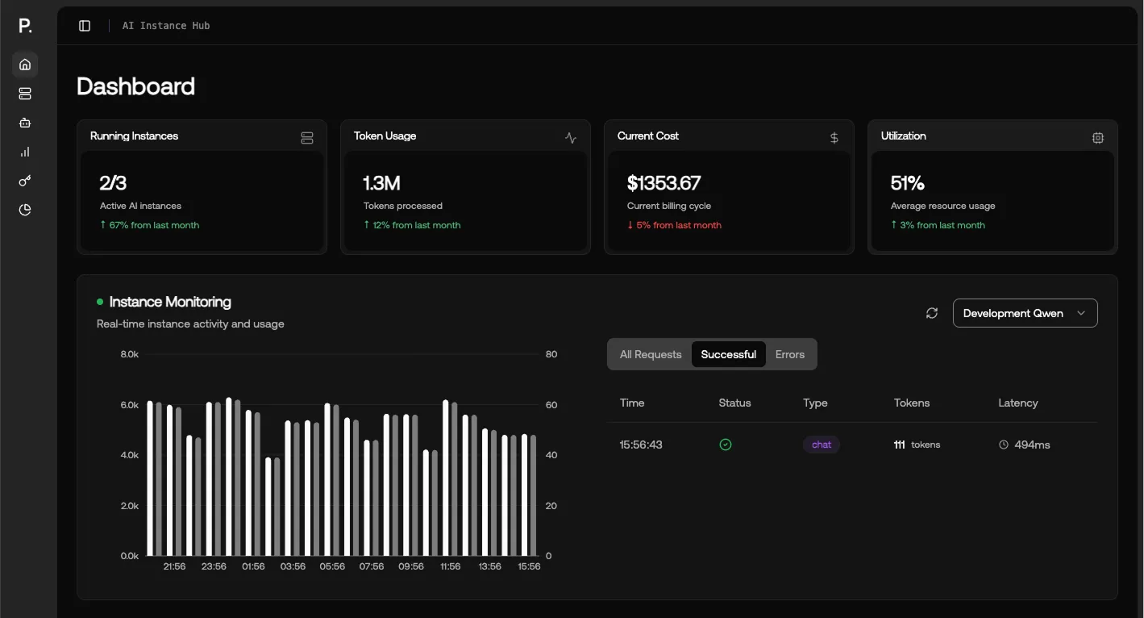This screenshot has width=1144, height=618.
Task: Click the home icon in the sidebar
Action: [25, 65]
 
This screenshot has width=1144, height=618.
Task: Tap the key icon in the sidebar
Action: [25, 181]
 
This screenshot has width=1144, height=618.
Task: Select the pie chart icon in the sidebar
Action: [25, 210]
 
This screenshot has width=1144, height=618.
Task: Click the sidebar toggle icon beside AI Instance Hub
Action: [85, 26]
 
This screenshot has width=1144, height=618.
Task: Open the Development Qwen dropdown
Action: [1025, 313]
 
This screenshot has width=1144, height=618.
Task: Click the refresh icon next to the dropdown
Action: [932, 313]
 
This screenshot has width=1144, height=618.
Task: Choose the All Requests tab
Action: [651, 354]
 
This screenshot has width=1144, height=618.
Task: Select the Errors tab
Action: [789, 354]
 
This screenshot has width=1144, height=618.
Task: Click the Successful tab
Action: [728, 354]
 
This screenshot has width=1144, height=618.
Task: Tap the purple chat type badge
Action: [821, 445]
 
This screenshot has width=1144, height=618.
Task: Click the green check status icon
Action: [726, 445]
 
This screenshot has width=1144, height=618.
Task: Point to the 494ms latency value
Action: [1031, 445]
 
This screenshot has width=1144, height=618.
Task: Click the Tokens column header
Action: [911, 403]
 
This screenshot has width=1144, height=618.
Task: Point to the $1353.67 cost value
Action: [664, 183]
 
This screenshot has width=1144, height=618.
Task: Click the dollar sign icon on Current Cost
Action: [834, 138]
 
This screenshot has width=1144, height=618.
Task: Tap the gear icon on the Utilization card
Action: [1097, 138]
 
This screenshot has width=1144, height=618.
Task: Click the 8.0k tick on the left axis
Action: [129, 354]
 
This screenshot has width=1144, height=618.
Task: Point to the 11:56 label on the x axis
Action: [450, 566]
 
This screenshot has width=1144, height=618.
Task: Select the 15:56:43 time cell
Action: [641, 445]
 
